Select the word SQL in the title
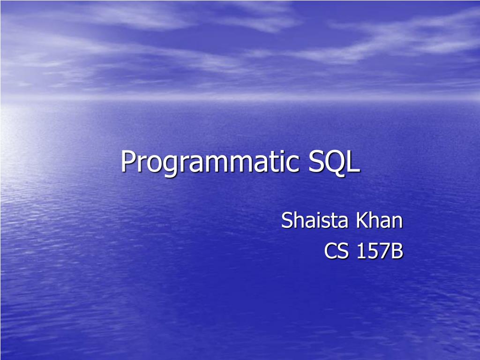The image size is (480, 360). (x=334, y=162)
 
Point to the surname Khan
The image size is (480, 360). (x=380, y=220)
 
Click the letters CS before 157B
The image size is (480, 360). (x=337, y=252)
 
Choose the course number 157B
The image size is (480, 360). (x=380, y=252)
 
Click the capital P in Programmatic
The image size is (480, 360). (x=128, y=162)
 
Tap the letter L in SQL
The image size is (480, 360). (x=354, y=162)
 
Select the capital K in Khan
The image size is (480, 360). (x=362, y=220)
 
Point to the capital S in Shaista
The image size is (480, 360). (x=287, y=220)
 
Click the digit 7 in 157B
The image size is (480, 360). (x=385, y=252)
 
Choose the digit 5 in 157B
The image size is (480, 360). (x=374, y=252)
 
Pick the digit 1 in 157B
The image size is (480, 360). (x=362, y=252)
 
